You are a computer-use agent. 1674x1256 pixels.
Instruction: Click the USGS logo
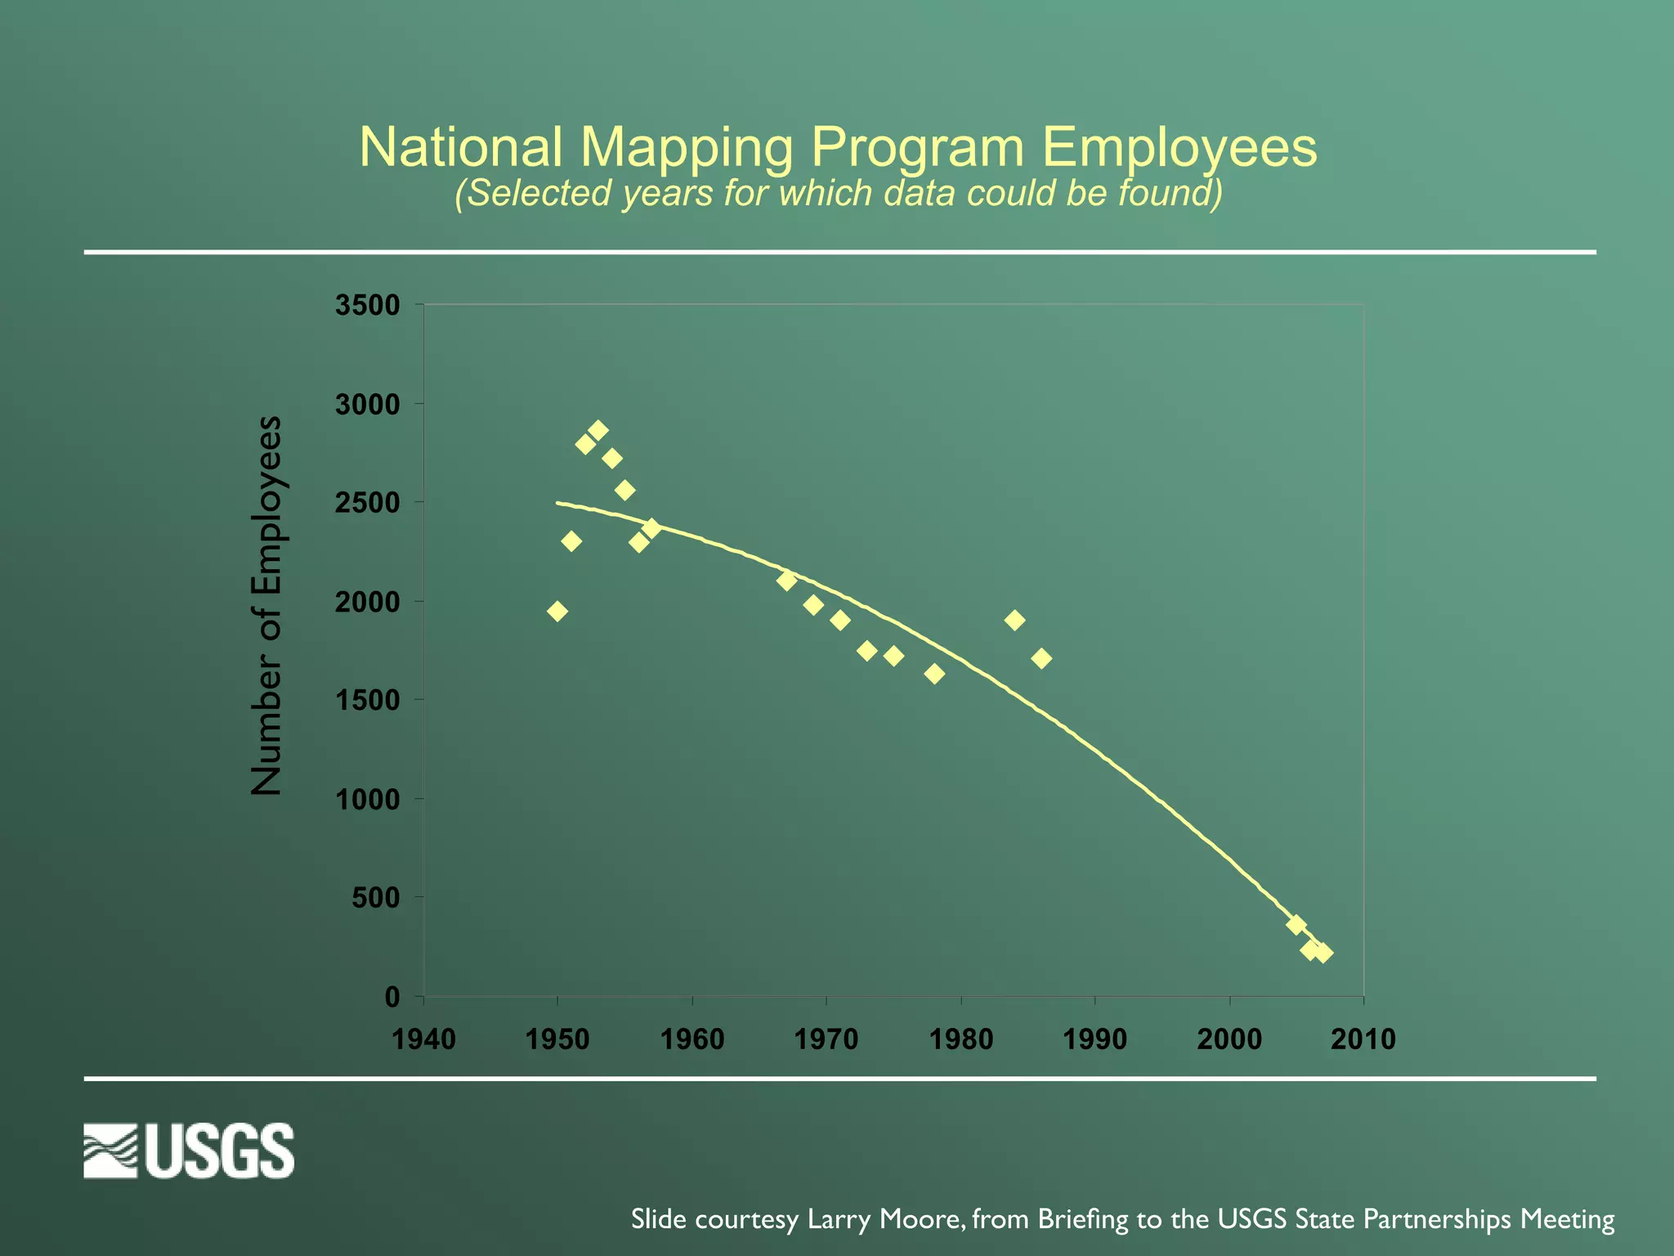[189, 1151]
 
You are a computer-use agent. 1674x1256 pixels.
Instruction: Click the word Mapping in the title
[687, 149]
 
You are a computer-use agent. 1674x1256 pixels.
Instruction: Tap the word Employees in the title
[1179, 149]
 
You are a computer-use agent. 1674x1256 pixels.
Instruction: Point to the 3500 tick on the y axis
[367, 306]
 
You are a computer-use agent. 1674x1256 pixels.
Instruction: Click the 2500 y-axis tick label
[367, 504]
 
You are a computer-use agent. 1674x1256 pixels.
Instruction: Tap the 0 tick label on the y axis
[392, 998]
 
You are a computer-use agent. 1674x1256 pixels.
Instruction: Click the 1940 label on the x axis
[423, 1040]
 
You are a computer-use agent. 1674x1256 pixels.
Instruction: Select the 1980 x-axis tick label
[961, 1040]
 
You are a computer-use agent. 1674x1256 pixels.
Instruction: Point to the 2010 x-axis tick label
[1363, 1040]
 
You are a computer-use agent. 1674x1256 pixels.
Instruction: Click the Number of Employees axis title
[266, 605]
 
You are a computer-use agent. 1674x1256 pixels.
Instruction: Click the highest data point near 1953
[598, 431]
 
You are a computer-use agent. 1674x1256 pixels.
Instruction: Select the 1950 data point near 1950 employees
[557, 612]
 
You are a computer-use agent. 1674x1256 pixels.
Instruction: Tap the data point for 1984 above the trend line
[1014, 621]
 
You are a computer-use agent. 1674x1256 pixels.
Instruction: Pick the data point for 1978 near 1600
[934, 674]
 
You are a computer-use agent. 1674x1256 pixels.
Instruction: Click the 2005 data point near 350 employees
[1296, 925]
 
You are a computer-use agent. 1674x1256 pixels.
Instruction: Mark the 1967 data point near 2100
[786, 581]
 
